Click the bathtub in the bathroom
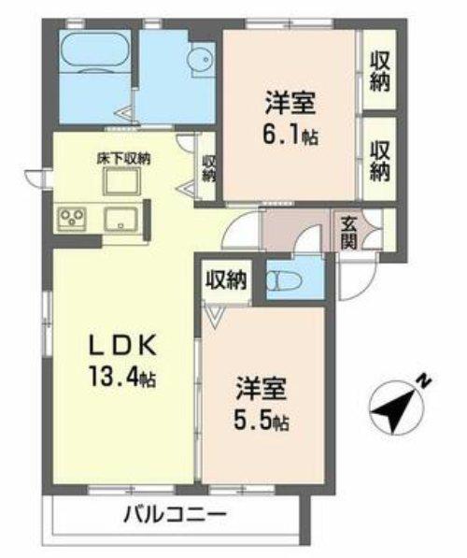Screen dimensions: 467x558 click(x=94, y=52)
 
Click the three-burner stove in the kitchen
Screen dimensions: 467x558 click(x=72, y=218)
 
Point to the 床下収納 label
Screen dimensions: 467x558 click(x=123, y=158)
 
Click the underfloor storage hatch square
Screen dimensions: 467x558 click(x=121, y=181)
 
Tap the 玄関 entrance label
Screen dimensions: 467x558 click(x=348, y=233)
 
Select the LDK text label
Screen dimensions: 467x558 click(x=122, y=345)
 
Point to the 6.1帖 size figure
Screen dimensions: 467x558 click(x=290, y=134)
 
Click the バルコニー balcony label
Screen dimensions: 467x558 click(x=175, y=515)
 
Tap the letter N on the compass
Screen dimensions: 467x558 click(x=424, y=380)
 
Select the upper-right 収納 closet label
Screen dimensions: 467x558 click(x=380, y=71)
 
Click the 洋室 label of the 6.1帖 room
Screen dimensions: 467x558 click(x=290, y=103)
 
